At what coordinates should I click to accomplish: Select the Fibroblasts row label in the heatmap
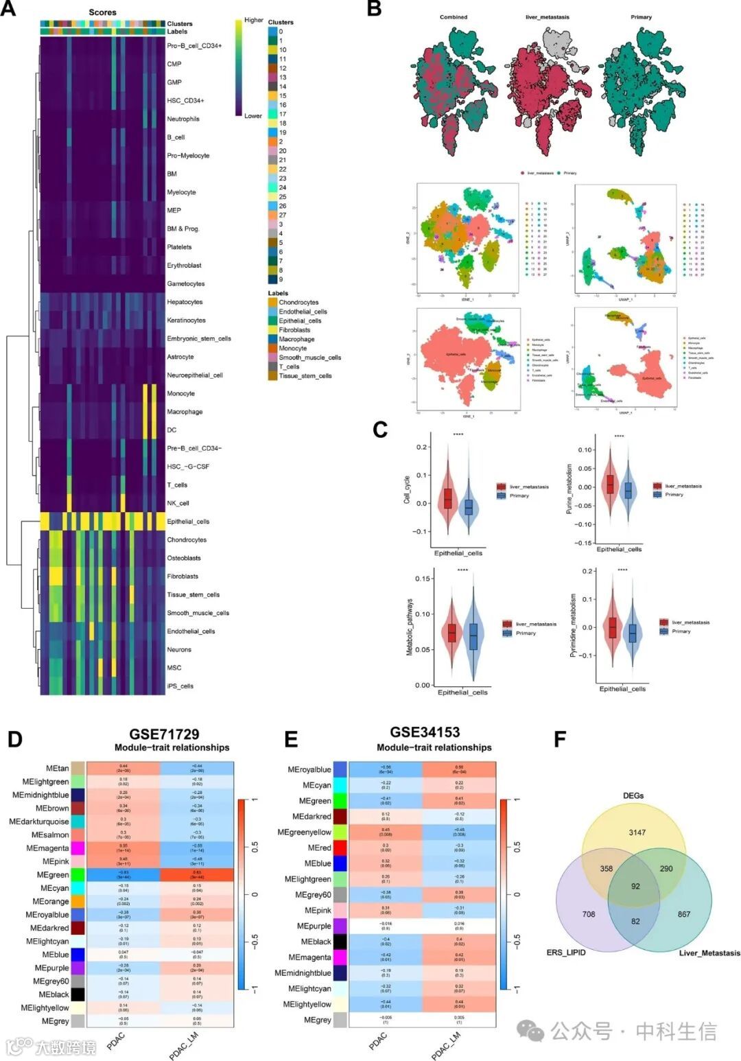click(183, 576)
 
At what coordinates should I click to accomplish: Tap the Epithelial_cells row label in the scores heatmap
click(188, 522)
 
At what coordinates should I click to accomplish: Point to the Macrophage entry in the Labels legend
click(296, 339)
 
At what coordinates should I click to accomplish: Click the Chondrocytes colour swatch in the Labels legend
click(272, 302)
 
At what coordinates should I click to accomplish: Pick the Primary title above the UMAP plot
click(641, 17)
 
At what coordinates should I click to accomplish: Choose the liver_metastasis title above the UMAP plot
click(547, 17)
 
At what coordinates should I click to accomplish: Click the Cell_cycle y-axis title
click(407, 489)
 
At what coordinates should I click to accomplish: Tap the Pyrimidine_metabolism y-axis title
click(573, 626)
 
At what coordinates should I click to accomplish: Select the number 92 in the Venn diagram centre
click(635, 886)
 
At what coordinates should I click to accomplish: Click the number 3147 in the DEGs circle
click(637, 832)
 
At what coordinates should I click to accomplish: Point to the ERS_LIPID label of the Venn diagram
click(566, 953)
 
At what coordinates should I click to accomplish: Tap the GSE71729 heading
click(164, 734)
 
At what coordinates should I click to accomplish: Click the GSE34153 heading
click(425, 732)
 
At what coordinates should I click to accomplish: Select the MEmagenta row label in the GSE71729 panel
click(47, 848)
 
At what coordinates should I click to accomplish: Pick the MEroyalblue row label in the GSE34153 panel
click(309, 769)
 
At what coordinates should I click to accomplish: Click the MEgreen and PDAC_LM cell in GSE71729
click(197, 875)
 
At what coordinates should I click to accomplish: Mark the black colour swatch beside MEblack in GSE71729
click(78, 994)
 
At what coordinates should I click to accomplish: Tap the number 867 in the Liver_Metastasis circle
click(683, 914)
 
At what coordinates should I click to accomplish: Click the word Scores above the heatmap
click(102, 12)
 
